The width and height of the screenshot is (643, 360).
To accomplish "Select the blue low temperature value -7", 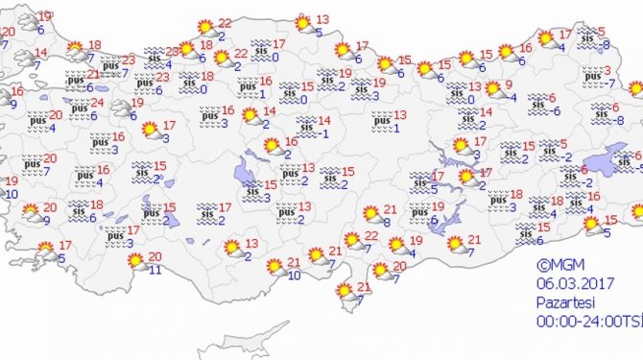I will [612, 83].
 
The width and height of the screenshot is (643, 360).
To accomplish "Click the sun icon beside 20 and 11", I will [135, 260].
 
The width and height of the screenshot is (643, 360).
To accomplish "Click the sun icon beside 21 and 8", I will [370, 214].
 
